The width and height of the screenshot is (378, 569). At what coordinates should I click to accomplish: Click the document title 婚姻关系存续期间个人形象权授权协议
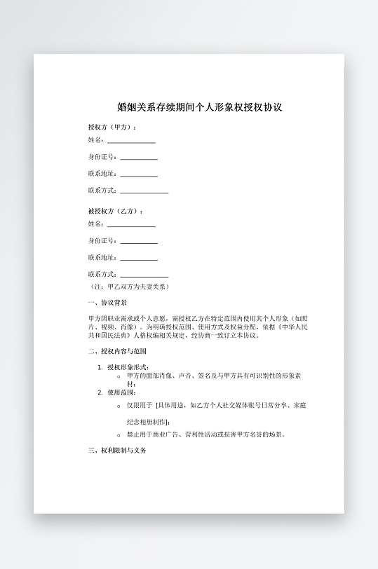tap(199, 108)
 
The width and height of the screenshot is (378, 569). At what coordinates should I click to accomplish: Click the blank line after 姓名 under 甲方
tap(131, 142)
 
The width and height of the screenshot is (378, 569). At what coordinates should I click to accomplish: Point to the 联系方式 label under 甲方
tap(102, 191)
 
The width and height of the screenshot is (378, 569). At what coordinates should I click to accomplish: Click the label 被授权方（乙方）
tap(115, 211)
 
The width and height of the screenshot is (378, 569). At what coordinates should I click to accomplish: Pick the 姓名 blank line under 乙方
tap(131, 225)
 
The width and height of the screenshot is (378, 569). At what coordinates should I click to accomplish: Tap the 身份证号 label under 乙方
tap(102, 241)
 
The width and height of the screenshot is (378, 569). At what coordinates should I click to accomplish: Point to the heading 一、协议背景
tap(107, 303)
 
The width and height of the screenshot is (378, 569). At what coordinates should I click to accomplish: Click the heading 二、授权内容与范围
tap(117, 351)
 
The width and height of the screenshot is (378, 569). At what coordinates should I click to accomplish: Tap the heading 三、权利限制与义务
tap(117, 451)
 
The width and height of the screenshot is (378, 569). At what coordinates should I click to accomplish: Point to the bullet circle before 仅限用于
tap(119, 406)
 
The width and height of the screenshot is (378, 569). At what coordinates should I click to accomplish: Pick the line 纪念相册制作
tap(148, 423)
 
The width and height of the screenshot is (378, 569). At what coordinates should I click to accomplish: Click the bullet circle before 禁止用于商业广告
tap(119, 434)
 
